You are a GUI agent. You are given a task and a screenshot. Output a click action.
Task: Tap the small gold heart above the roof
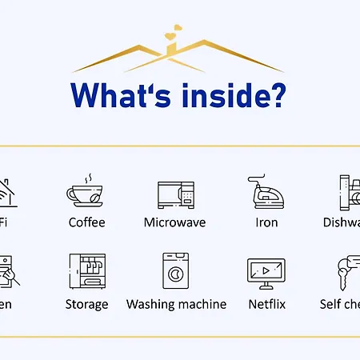[x=170, y=35]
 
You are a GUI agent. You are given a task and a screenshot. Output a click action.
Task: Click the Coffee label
[x=86, y=222]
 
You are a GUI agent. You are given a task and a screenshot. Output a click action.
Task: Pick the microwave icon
[x=176, y=194]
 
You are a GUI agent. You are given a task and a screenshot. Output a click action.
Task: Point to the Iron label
[x=266, y=222]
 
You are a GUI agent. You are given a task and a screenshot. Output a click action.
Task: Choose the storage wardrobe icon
[x=86, y=271]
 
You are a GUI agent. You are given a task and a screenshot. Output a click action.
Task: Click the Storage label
[x=86, y=304]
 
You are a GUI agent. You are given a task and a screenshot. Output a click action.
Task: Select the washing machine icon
[x=176, y=271]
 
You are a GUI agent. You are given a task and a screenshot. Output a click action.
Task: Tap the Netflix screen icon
[x=266, y=273]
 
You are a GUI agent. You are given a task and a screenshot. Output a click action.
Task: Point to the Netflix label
[x=266, y=304]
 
